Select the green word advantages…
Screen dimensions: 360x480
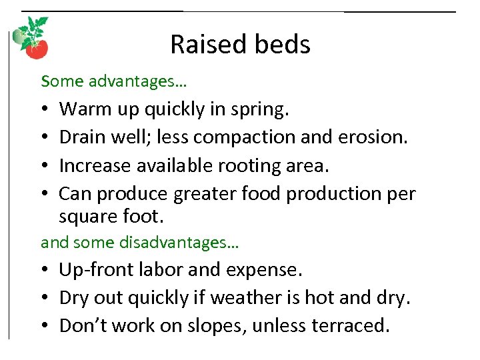click(137, 82)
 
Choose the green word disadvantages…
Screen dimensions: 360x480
click(179, 243)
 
